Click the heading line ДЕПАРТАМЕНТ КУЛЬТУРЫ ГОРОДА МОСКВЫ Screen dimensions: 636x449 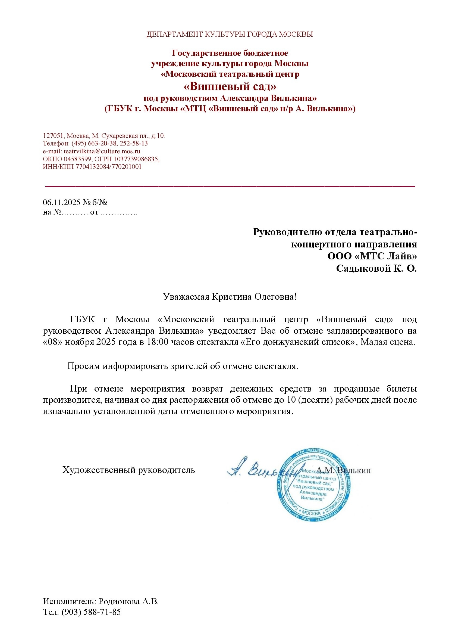point(230,34)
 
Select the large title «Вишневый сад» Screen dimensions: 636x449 point(230,87)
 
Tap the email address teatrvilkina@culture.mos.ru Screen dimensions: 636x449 point(102,151)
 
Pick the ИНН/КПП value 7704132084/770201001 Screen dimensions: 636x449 point(108,167)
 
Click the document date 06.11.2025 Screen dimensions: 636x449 point(61,203)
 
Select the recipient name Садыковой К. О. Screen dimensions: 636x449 point(376,268)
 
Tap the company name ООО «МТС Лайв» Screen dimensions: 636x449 point(372,256)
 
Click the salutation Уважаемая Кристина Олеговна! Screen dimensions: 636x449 point(230,297)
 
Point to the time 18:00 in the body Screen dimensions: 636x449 point(157,342)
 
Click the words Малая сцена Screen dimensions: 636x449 point(388,342)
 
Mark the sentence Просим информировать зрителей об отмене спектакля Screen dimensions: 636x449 point(183,366)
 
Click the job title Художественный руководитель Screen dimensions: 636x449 point(129,470)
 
